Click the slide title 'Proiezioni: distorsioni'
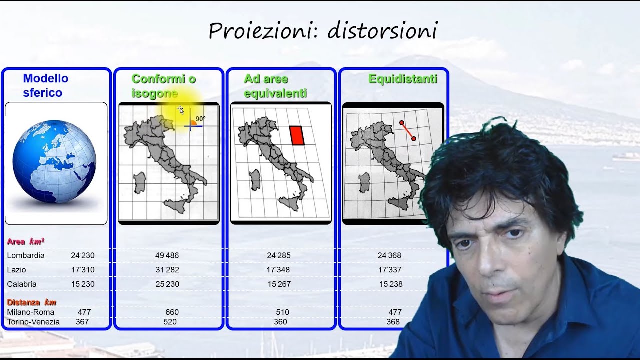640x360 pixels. point(323,31)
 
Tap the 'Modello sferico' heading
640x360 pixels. point(45,85)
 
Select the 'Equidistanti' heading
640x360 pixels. point(403,79)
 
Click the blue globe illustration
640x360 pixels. point(54,161)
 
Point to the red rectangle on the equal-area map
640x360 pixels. point(297,135)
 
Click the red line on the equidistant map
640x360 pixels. point(408,130)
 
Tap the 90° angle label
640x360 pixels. point(200,119)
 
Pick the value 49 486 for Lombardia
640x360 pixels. point(167,255)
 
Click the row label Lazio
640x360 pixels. point(16,270)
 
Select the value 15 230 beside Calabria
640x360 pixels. point(82,284)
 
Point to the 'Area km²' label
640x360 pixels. point(25,241)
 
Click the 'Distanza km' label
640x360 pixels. point(31,302)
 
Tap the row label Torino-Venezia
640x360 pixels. point(33,322)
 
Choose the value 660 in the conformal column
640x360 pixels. point(172,312)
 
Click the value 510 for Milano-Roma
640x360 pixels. point(282,312)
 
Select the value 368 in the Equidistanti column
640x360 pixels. point(393,322)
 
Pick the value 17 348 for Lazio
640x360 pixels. point(278,270)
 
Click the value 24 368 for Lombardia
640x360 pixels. point(389,255)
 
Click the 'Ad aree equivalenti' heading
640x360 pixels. point(275,86)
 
